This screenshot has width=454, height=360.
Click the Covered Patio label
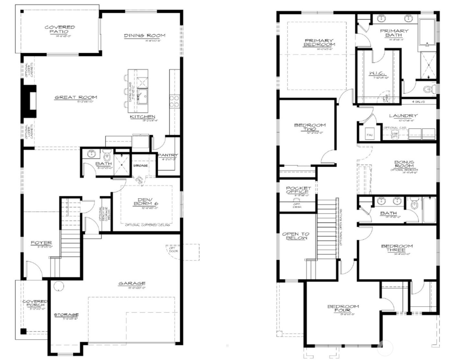tap(60, 30)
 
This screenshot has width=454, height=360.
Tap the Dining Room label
tap(145, 35)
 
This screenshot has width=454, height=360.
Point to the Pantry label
tap(168, 155)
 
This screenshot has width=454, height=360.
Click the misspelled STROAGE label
tap(140, 165)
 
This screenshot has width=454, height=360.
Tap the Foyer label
tap(41, 243)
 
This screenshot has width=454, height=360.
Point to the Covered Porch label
tap(35, 303)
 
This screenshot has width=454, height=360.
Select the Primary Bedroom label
tap(319, 42)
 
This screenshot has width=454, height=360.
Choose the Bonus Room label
tap(404, 164)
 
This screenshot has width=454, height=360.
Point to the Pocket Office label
tap(298, 190)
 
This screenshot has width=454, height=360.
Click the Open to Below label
tap(295, 236)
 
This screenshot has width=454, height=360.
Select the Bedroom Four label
tap(343, 308)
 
